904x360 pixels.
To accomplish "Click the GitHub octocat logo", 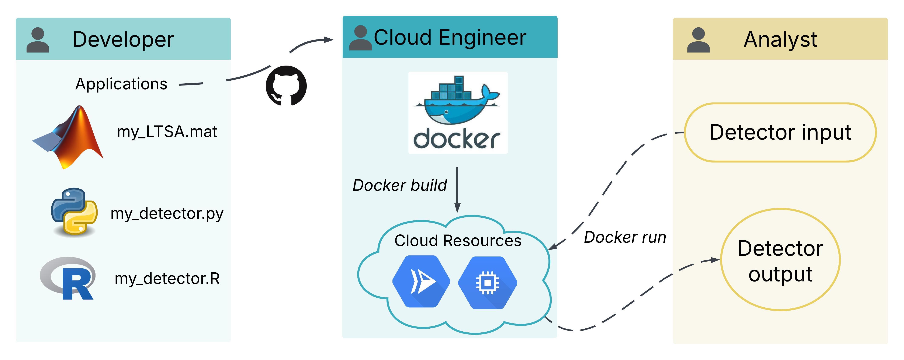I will (286, 86).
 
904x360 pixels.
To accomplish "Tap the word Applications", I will (121, 84).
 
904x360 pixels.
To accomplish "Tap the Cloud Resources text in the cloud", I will (458, 241).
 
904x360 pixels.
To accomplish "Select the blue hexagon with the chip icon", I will (487, 282).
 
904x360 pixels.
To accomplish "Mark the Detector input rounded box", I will (780, 132).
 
